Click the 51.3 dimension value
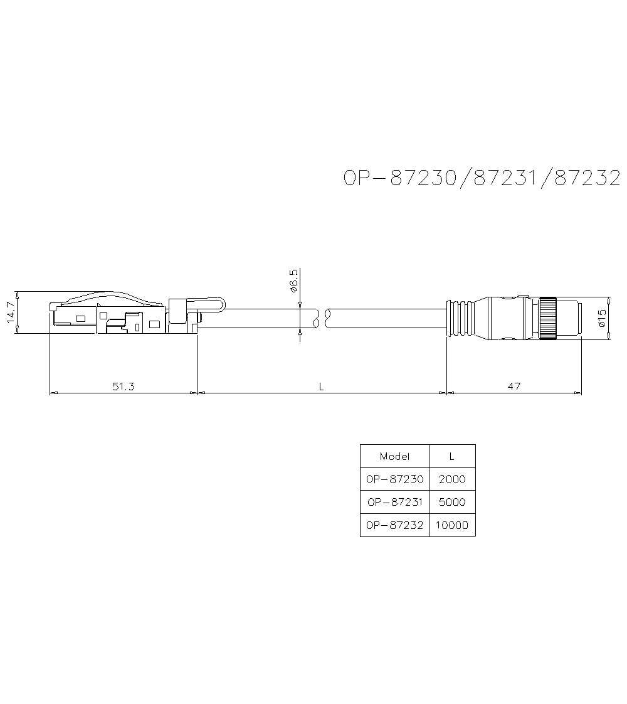pos(124,387)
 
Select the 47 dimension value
pos(514,387)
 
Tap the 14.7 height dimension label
pos(10,312)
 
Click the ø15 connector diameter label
pos(601,319)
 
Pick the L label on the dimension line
pos(321,387)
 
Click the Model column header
pos(394,456)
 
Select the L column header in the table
pos(452,456)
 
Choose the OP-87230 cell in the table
pos(394,479)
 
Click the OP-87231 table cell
pos(394,502)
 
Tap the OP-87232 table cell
pos(394,525)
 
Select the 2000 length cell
pos(452,479)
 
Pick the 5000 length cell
pos(452,502)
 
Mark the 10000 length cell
pos(452,525)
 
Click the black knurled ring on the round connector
pos(548,319)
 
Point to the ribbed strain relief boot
pos(460,318)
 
